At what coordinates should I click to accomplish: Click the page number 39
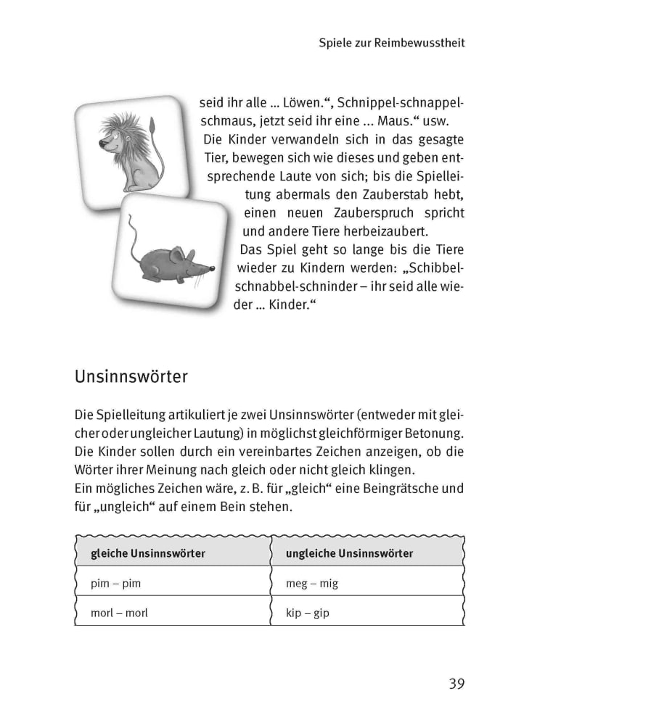coord(456,683)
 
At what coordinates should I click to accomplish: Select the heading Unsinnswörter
coord(131,377)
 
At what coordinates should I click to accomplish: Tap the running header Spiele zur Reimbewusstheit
coord(392,43)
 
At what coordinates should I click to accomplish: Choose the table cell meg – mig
coord(312,583)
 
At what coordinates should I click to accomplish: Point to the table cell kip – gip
coord(308,613)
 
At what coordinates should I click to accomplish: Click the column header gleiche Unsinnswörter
coord(147,553)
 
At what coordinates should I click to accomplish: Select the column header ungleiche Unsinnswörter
coord(350,553)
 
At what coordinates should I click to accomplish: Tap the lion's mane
coord(120,130)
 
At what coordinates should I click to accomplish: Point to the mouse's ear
coord(178,254)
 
